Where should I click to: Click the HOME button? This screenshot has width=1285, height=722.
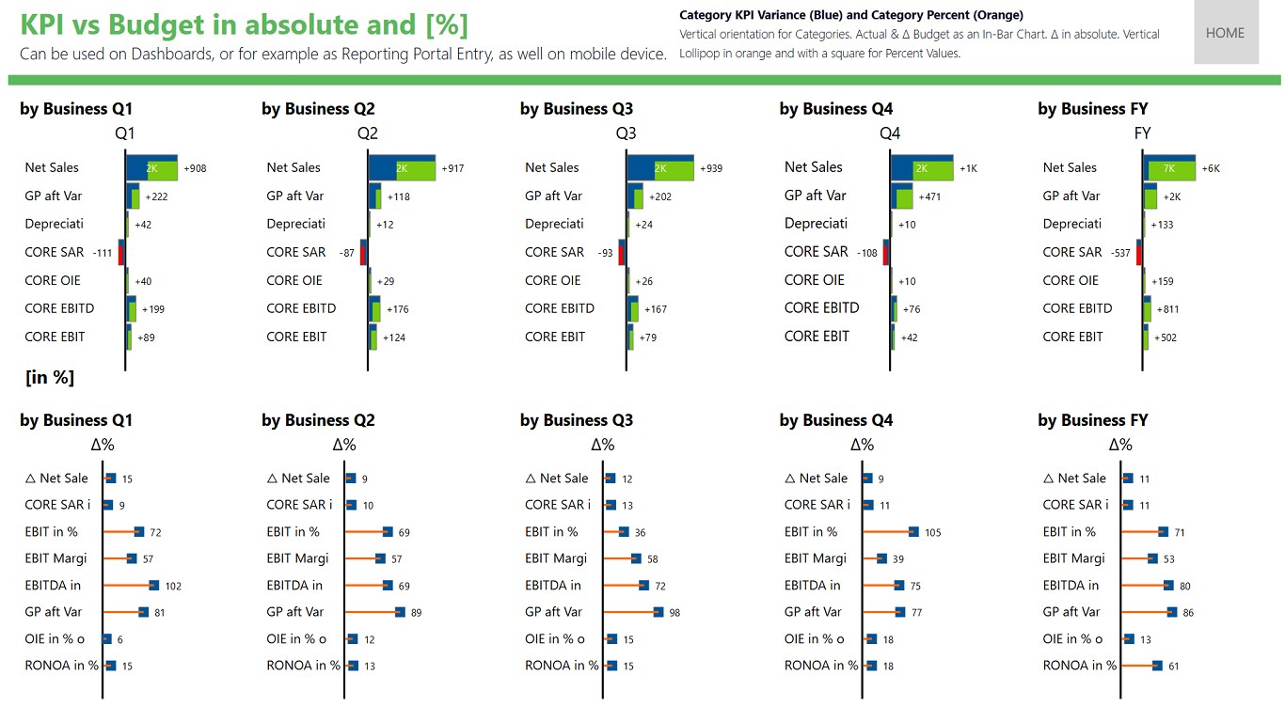click(1225, 33)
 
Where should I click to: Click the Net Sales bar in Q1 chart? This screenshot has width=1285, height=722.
click(151, 167)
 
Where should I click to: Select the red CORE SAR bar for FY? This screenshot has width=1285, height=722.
click(1139, 252)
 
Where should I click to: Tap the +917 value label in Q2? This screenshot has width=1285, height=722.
click(452, 168)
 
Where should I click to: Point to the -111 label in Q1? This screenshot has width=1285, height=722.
click(103, 253)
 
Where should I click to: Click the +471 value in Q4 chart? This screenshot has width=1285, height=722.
click(930, 196)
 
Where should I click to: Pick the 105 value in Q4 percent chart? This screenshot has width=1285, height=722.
click(932, 533)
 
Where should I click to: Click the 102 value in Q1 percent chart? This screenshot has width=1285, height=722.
click(173, 587)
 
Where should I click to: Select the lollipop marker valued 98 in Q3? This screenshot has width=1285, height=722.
click(658, 612)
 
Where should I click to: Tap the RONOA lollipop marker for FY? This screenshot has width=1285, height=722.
click(1157, 666)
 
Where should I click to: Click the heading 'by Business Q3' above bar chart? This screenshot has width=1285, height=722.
click(576, 109)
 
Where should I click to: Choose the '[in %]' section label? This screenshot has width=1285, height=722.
click(50, 378)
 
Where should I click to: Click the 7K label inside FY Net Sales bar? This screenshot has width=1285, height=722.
click(1169, 168)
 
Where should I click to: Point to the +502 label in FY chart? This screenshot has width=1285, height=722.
click(1166, 337)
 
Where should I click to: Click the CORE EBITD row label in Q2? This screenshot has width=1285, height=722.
click(301, 308)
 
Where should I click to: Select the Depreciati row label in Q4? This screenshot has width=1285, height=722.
click(816, 224)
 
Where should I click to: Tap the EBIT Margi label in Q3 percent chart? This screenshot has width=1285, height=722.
click(556, 558)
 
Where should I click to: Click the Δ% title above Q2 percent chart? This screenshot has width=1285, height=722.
click(343, 445)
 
